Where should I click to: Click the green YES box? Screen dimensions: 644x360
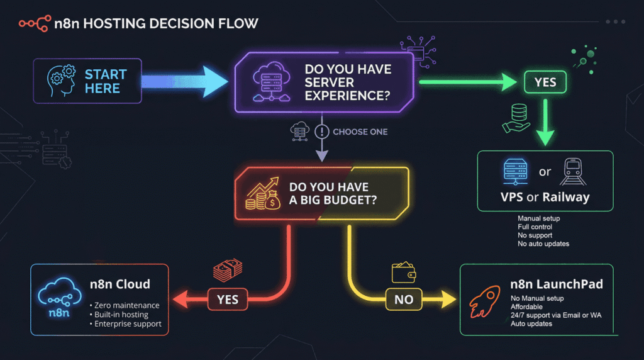545,82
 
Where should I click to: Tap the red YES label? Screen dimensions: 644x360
228,299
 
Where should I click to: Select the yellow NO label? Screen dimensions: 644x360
404,299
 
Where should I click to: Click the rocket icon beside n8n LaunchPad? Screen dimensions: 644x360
485,302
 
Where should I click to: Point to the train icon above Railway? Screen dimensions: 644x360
573,172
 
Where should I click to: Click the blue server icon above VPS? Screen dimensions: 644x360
516,171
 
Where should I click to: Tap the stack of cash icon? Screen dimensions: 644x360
228,270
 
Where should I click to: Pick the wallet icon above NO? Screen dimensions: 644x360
403,273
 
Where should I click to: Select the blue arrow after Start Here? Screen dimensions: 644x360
184,81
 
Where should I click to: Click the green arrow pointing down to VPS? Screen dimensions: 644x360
545,123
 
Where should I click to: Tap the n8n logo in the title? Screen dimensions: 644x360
35,23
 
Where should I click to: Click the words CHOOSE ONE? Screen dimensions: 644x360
360,132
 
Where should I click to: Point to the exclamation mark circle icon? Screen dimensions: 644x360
321,132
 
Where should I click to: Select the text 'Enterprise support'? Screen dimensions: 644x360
128,324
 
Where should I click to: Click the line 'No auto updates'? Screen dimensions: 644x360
543,244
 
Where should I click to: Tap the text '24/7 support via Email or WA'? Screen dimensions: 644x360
556,315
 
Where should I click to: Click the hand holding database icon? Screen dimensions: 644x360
517,118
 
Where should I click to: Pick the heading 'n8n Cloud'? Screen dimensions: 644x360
120,284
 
